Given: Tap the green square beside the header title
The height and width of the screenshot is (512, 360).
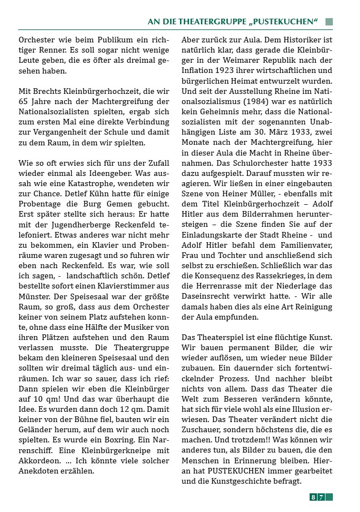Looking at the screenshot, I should point(329,21).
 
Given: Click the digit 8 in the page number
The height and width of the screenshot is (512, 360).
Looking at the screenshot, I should point(313,497).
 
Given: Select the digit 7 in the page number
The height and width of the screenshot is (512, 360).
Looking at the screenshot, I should point(321,497).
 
